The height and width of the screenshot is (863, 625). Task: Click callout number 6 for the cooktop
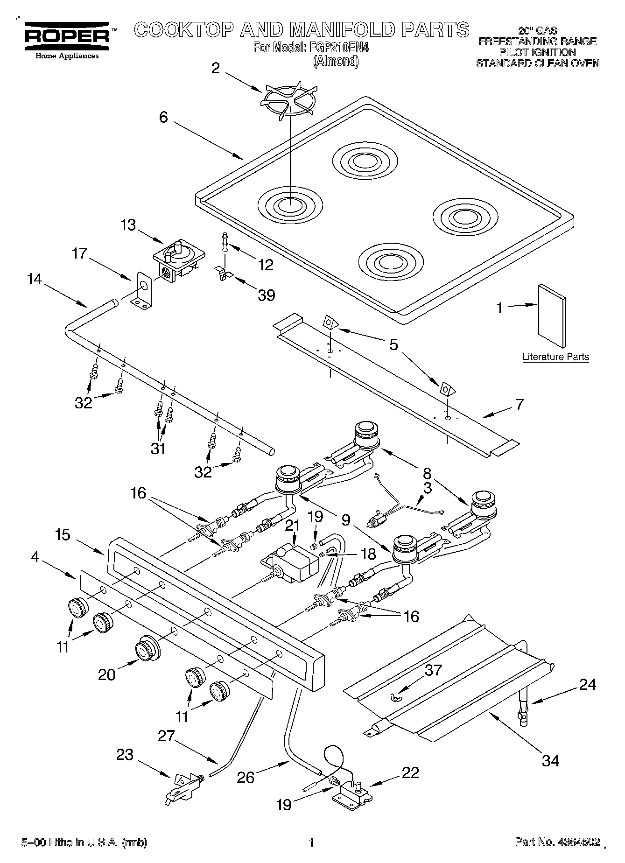163,117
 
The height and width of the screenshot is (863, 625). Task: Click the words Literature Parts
555,357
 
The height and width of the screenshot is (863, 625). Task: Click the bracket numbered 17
142,293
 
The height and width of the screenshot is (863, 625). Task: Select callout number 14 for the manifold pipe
34,280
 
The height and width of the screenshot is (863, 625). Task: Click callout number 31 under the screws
158,449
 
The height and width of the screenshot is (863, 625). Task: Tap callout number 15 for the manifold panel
63,534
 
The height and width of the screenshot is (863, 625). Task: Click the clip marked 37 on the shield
394,697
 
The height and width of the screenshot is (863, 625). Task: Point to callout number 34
550,761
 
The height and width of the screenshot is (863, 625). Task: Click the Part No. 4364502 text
557,842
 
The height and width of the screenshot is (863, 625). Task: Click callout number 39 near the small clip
266,295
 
